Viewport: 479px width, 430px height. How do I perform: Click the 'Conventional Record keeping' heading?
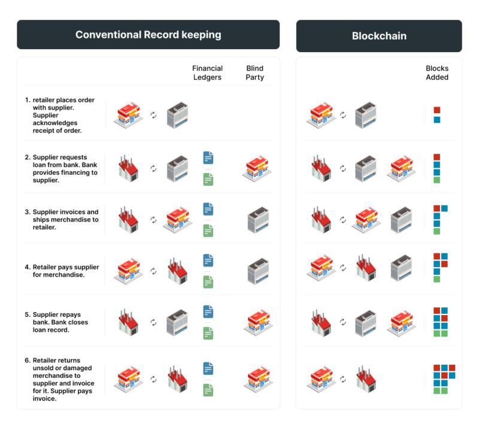148,35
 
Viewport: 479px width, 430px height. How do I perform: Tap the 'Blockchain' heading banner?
378,36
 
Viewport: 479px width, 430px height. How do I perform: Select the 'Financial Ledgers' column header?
207,72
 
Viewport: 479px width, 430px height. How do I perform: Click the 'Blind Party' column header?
254,72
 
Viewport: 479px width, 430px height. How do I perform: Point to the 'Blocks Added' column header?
437,72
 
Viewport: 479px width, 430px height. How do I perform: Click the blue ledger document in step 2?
208,158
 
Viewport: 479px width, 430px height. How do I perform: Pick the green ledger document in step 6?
208,389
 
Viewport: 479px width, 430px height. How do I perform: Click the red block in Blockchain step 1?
437,110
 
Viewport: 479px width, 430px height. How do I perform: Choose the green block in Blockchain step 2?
437,180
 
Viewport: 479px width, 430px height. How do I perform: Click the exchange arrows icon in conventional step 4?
153,271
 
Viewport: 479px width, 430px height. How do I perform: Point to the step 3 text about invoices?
65,220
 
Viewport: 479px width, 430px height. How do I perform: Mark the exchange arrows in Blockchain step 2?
343,169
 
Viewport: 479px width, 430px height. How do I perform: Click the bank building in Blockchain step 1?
365,116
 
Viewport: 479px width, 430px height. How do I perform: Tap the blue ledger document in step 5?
208,312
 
